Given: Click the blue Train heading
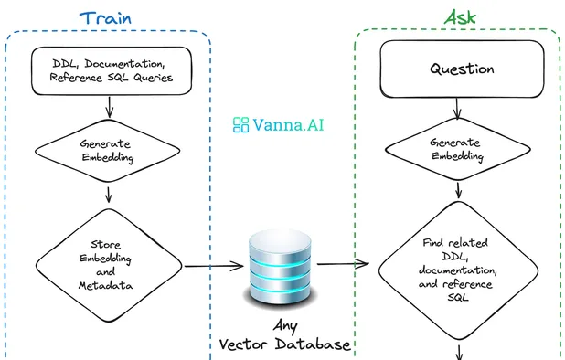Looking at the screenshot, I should click(110, 17).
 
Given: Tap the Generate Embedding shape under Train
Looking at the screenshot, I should click(111, 150).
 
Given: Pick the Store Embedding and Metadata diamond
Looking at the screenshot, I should click(111, 266).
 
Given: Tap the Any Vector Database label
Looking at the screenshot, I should click(285, 335).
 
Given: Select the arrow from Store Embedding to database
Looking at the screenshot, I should click(216, 267).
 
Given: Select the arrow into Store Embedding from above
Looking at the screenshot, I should click(111, 195).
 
